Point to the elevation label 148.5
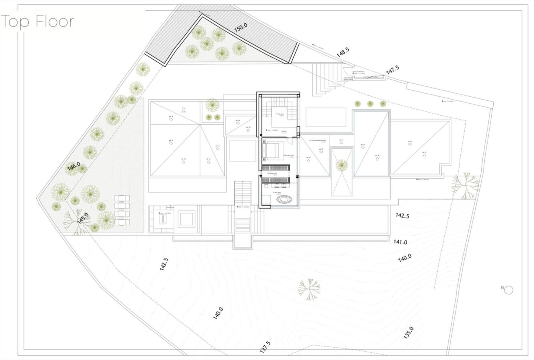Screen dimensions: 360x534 coord(343,53)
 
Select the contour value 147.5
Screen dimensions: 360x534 coord(392,69)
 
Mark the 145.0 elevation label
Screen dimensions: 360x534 coord(83,218)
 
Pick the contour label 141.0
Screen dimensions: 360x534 coord(400,242)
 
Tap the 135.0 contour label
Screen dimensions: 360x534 coord(408,332)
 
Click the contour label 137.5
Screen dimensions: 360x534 coord(265,347)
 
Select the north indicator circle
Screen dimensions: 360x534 coord(509,290)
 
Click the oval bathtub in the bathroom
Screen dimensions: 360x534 coord(286,199)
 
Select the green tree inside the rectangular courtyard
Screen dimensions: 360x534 coord(342,165)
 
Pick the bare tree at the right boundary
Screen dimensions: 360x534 coord(465,186)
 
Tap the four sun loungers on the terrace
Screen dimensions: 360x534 coord(122,210)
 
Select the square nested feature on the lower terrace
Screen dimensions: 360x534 coord(186,219)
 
